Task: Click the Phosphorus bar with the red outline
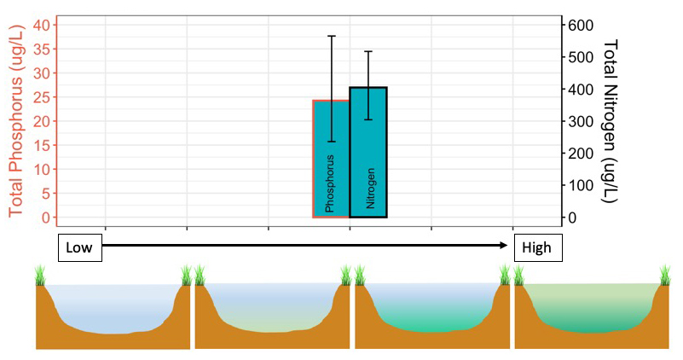(x=331, y=159)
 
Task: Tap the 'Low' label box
(x=79, y=247)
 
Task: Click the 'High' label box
(x=537, y=247)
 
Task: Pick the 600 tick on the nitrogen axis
(x=579, y=25)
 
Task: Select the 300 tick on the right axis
(x=579, y=121)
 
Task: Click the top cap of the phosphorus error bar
(x=332, y=36)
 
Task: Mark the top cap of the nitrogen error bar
(x=368, y=51)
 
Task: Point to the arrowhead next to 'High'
(x=506, y=246)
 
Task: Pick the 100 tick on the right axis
(x=579, y=185)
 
